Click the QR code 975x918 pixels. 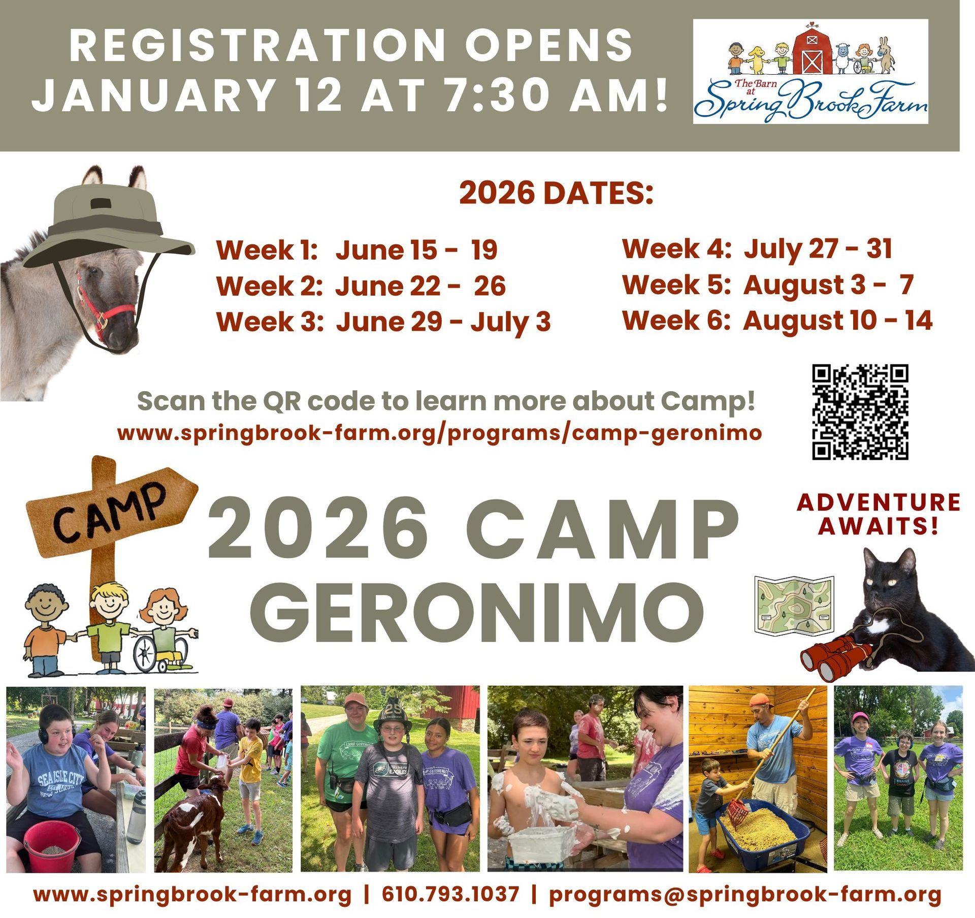[860, 412]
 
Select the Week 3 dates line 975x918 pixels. [383, 322]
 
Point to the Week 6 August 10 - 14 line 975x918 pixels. [777, 321]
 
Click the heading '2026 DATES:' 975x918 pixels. [556, 194]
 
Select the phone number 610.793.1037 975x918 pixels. [451, 895]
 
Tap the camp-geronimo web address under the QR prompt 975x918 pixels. [439, 433]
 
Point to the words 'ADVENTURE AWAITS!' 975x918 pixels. [879, 514]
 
